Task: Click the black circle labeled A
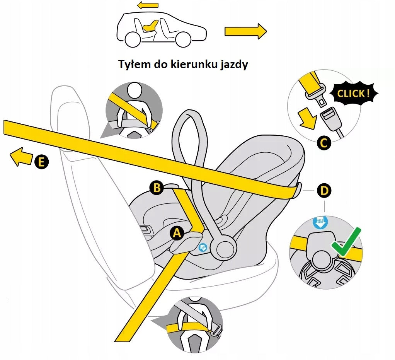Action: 177,233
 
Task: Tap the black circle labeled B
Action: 157,188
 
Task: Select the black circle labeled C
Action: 324,143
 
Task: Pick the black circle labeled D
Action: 324,190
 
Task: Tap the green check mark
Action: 346,242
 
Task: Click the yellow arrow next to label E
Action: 21,157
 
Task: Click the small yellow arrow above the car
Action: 148,5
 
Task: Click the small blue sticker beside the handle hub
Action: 203,248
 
